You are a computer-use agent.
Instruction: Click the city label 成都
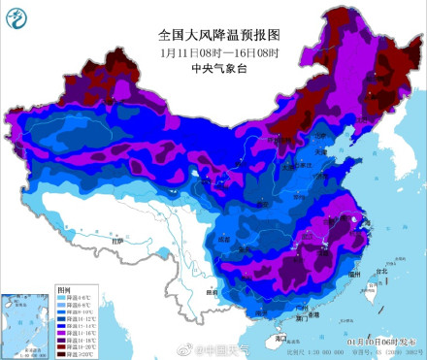225,237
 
